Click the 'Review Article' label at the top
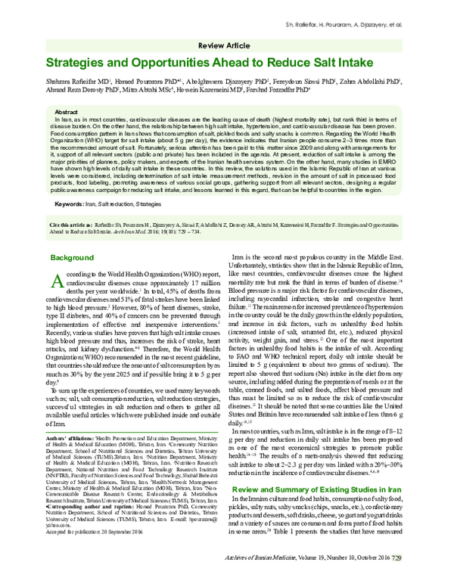(x=227, y=45)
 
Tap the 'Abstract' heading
(x=68, y=110)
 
